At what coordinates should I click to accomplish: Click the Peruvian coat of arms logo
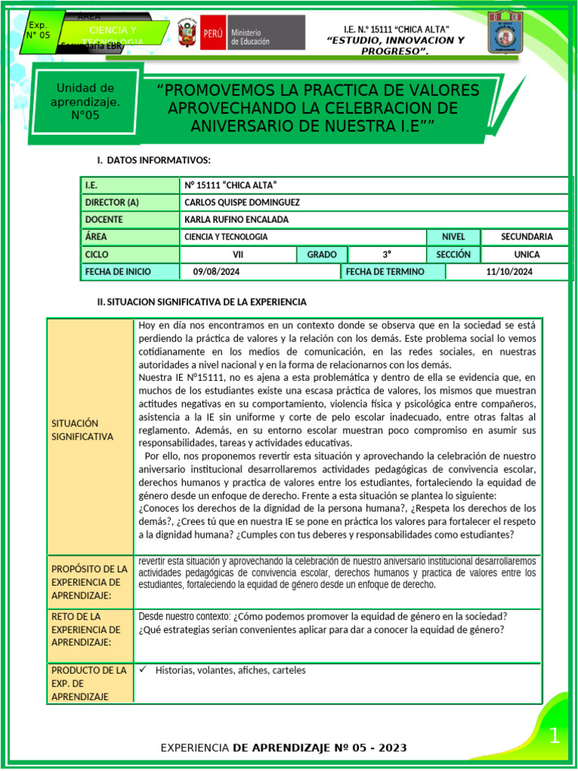coord(187,34)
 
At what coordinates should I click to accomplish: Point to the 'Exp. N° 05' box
coord(38,30)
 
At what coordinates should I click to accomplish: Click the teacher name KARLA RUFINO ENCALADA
coord(236,219)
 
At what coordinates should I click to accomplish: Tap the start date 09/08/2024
coord(216,272)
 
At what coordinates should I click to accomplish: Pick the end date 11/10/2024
coord(510,272)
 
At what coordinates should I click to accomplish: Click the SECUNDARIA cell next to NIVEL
coord(526,236)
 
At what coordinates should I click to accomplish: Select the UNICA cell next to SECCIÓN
coord(526,254)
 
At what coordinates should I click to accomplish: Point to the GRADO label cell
coord(321,254)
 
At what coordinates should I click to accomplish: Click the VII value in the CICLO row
coord(239,254)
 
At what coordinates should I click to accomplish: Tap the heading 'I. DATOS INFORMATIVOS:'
coord(154,160)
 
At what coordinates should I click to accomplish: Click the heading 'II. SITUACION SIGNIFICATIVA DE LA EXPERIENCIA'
coord(202,302)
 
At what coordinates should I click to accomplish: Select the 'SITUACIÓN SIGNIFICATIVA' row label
coord(83,430)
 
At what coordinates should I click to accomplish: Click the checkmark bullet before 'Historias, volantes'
coord(143,669)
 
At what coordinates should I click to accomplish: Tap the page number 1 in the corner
coord(554,736)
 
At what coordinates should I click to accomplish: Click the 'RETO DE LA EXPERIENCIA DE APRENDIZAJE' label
coord(85,629)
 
